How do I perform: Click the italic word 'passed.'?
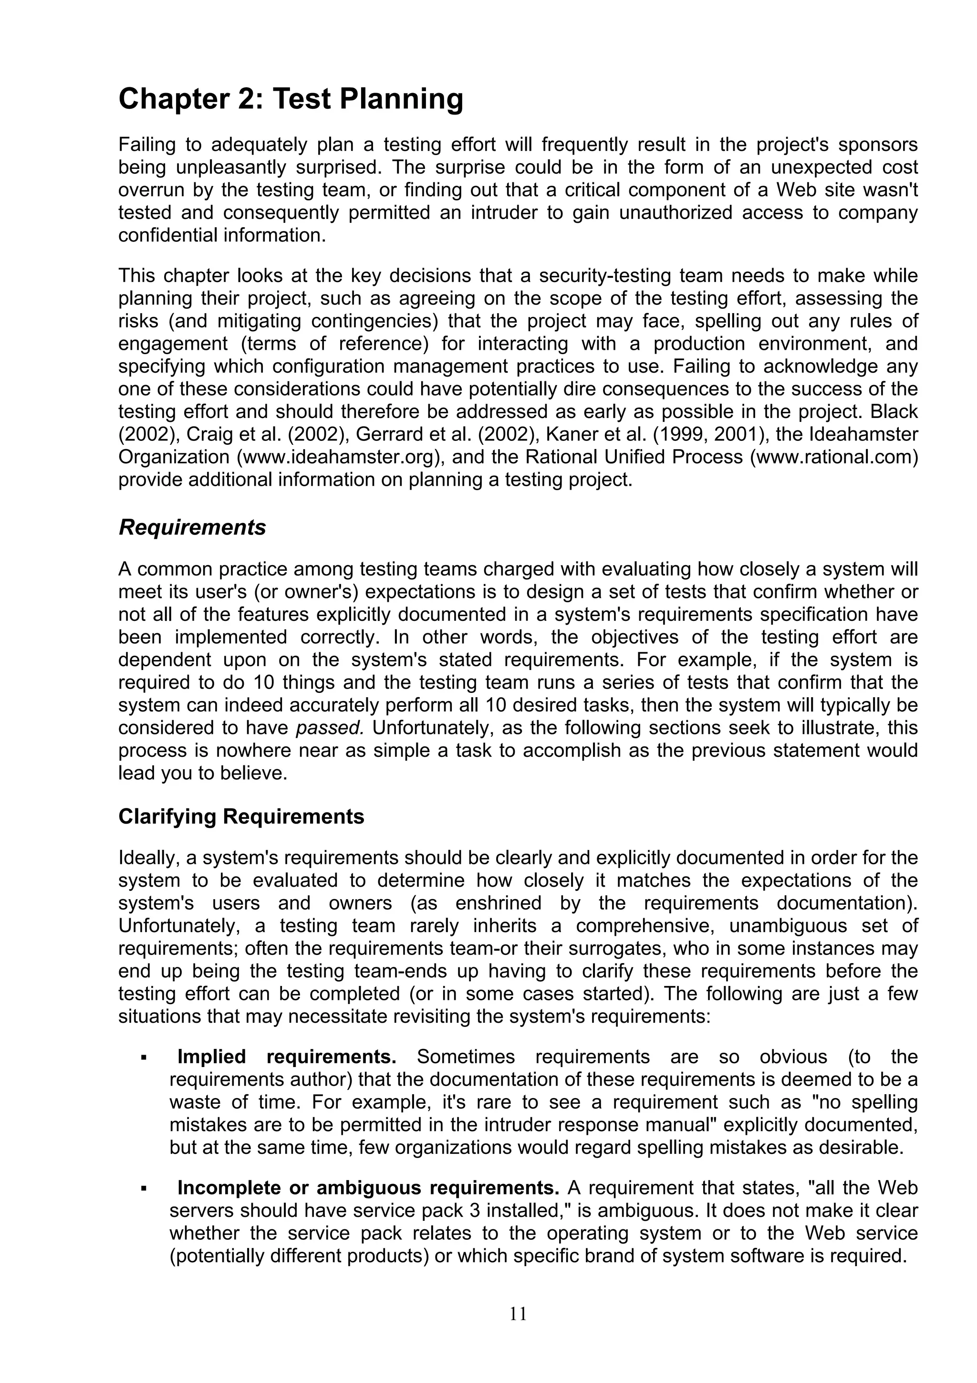[330, 728]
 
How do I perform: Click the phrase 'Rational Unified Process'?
[634, 457]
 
